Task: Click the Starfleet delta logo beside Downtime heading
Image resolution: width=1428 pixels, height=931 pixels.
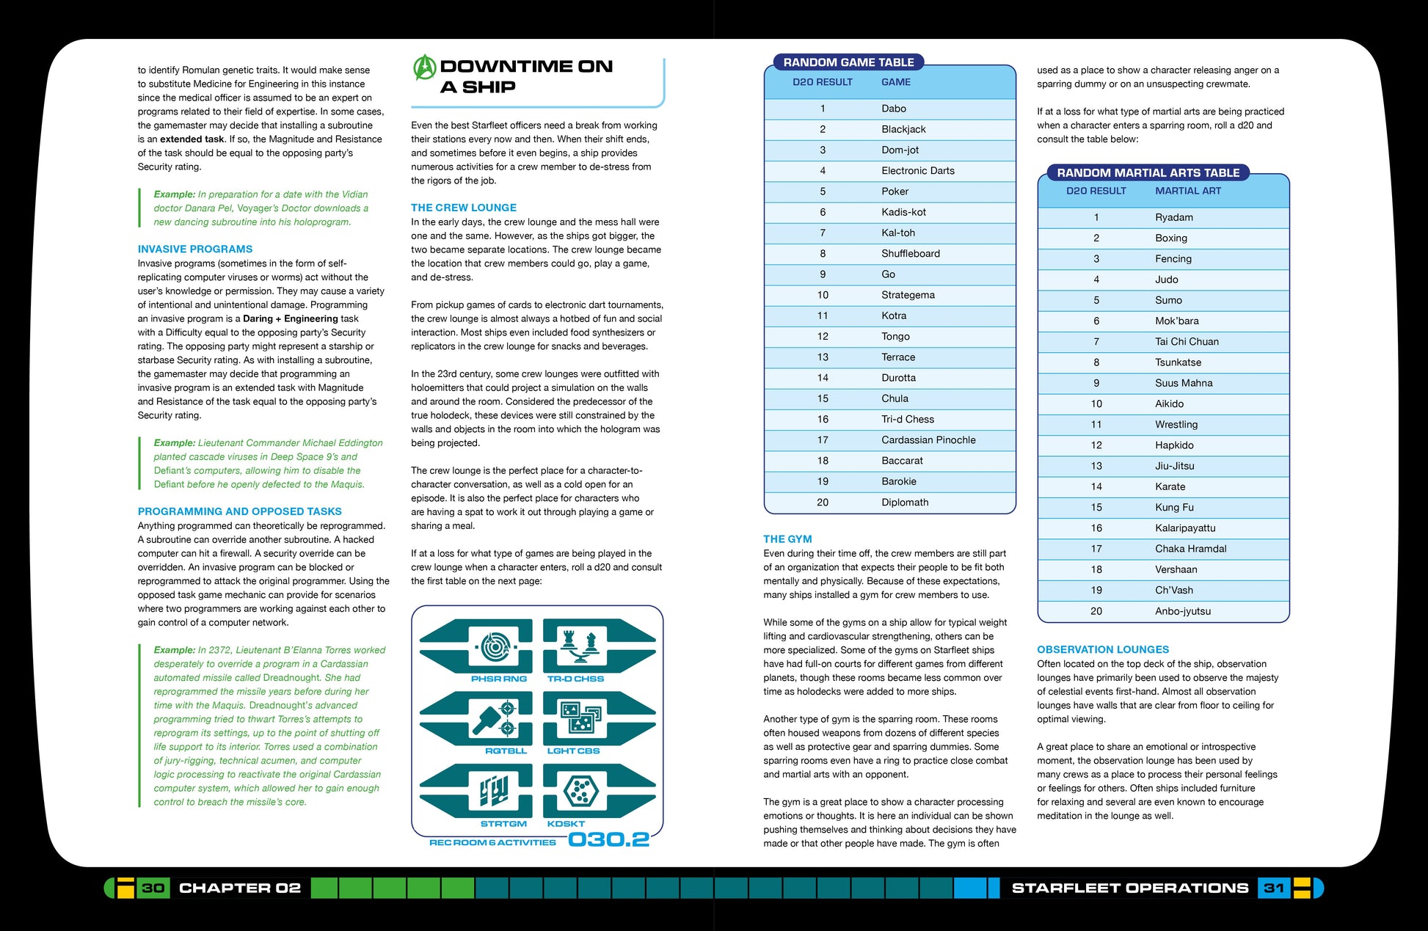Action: coord(425,67)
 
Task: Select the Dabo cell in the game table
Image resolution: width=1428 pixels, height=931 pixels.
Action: coord(893,109)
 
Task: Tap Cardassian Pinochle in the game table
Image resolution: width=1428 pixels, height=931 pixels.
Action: coord(928,440)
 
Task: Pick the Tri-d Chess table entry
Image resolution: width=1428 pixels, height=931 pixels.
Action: coord(908,420)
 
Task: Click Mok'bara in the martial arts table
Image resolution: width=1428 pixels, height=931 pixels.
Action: coord(1176,321)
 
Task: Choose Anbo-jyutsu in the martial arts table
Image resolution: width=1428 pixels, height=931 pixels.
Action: coord(1182,611)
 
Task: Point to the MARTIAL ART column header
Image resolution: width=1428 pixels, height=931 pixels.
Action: coord(1187,191)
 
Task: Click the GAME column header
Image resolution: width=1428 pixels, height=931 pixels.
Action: coord(895,82)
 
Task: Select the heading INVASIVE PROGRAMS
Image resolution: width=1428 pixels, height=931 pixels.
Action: coord(194,249)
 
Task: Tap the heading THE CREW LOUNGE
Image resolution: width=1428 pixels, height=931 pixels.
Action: coord(463,208)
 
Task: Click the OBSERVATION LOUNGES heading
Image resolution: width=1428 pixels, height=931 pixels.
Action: coord(1102,649)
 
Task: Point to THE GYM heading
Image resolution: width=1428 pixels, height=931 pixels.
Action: coord(787,539)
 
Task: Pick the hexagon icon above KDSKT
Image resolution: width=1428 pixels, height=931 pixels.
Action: coord(580,791)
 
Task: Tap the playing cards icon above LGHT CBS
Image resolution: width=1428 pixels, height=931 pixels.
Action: coord(580,717)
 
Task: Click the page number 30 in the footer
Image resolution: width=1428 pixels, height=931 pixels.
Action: coord(153,888)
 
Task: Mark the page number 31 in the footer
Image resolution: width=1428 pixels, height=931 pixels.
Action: coord(1274,888)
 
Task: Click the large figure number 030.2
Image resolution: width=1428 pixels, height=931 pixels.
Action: coord(608,839)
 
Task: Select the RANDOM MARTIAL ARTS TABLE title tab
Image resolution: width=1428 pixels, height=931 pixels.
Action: coord(1148,173)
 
